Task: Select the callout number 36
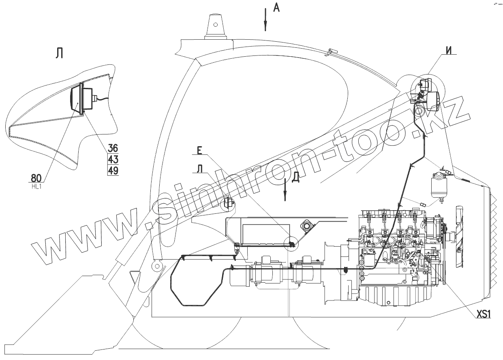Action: (x=113, y=148)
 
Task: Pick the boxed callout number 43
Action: (x=113, y=159)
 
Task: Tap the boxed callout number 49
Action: (x=113, y=170)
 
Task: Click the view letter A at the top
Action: (x=276, y=7)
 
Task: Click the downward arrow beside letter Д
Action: (x=286, y=188)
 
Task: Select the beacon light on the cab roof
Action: (x=215, y=27)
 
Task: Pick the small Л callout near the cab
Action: (x=199, y=169)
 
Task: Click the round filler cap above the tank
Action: (x=306, y=225)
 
